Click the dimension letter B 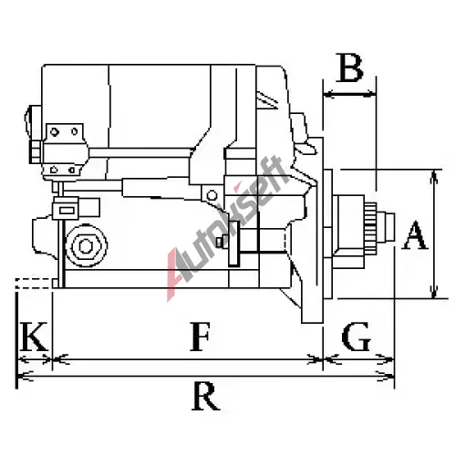[350, 68]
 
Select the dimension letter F [200, 336]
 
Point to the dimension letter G [356, 337]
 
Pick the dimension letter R [205, 396]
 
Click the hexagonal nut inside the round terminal [86, 245]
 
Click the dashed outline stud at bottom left [34, 284]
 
